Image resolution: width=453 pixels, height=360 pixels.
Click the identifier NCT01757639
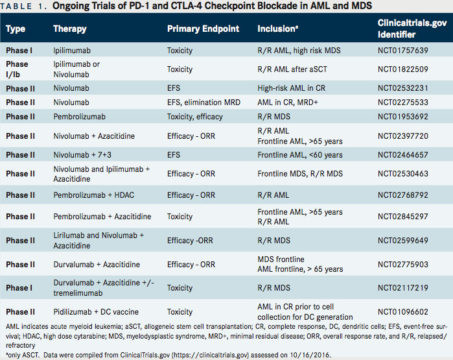tap(404, 49)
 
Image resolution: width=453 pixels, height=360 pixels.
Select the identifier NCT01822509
tap(404, 69)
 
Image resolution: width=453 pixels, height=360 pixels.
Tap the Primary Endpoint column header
tap(203, 29)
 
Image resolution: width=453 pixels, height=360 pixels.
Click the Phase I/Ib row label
tap(17, 69)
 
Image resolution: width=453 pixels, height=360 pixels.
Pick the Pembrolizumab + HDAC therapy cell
tap(94, 195)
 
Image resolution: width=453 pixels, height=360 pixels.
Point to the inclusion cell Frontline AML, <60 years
tap(300, 156)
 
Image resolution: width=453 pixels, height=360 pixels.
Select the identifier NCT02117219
tap(404, 287)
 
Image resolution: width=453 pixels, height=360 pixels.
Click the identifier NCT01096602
tap(404, 311)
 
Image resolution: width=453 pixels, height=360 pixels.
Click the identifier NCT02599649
tap(404, 241)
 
